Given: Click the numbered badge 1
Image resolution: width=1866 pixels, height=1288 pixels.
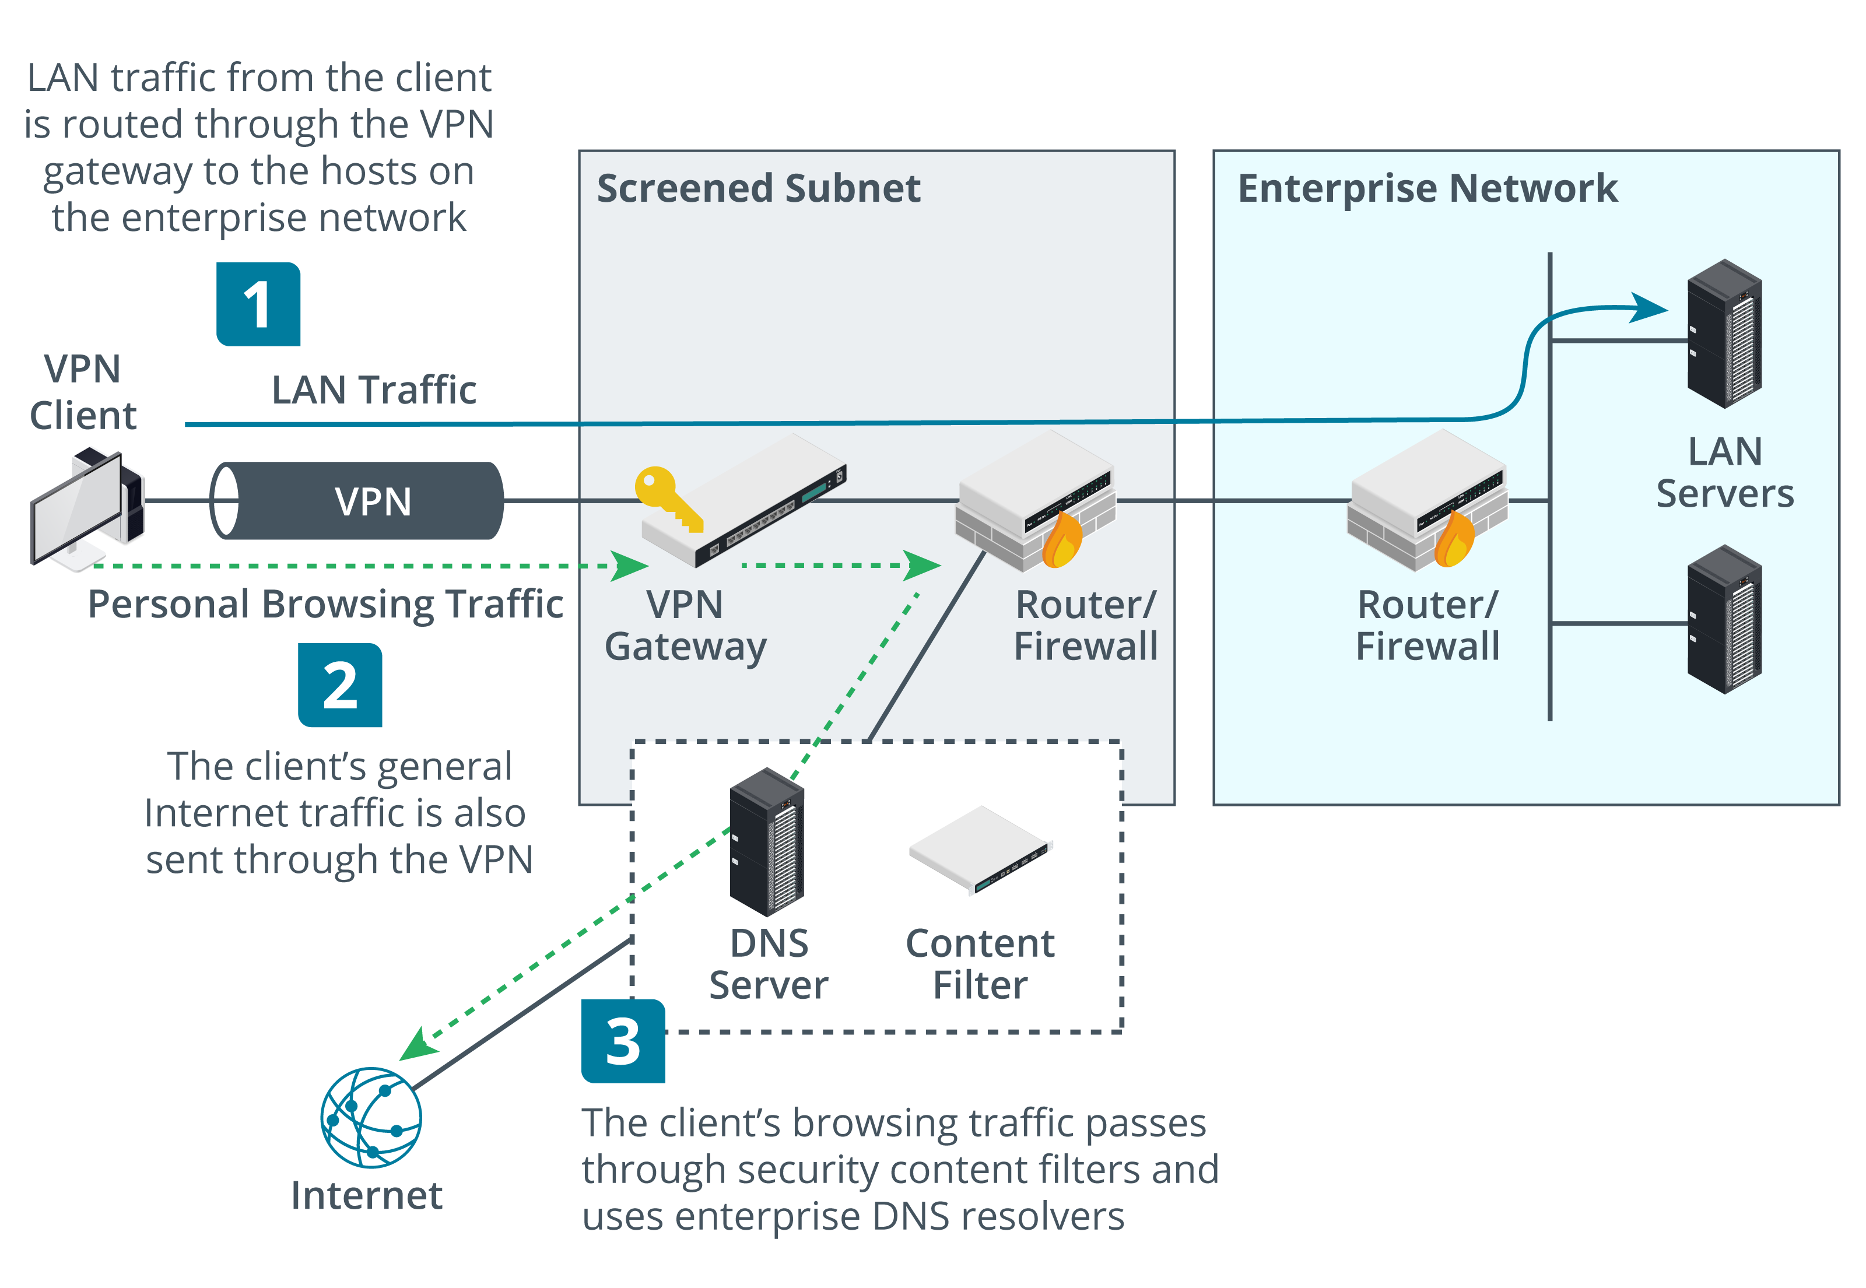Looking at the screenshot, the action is (258, 304).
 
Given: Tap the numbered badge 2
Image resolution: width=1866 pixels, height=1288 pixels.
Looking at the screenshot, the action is (340, 685).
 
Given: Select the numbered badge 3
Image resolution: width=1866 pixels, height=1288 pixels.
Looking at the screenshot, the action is (623, 1041).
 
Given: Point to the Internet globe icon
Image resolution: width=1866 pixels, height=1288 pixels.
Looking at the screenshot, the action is (371, 1118).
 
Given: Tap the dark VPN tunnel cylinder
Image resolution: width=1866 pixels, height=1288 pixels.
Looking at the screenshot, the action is (357, 500).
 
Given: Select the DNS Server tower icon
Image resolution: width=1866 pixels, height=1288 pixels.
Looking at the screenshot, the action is (767, 842).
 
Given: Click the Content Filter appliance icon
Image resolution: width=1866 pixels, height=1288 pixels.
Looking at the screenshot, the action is (981, 850).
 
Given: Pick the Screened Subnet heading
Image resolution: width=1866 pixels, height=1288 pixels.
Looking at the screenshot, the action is (759, 189).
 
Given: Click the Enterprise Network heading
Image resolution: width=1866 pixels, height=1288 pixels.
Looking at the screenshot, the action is (1427, 189).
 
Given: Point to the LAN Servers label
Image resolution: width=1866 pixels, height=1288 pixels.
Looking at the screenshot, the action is (1725, 472).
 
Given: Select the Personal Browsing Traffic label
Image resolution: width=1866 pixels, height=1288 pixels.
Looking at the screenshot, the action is (325, 605).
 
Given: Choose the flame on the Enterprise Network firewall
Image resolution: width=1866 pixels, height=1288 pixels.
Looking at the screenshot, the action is (1454, 539).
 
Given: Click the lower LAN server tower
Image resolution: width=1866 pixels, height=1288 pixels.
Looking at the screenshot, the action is (1725, 620).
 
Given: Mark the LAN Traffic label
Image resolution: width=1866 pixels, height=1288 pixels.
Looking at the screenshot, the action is (374, 390).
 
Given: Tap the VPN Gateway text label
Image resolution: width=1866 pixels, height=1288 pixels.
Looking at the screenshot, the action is (685, 626).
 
